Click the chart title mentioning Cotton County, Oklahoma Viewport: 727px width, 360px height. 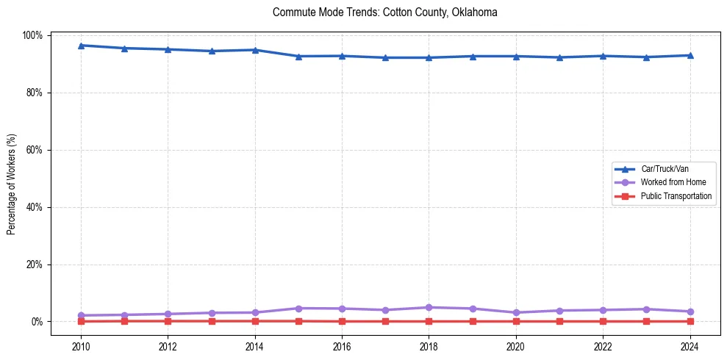coord(384,12)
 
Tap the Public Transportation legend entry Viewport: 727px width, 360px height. coord(676,196)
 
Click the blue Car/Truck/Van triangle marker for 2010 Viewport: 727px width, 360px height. coord(81,46)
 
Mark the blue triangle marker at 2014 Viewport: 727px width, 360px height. coord(255,50)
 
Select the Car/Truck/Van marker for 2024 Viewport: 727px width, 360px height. coord(690,55)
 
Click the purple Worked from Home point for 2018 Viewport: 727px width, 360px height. coord(429,307)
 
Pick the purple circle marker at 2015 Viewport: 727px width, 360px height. coord(298,308)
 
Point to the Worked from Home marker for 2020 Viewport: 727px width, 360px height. coord(516,312)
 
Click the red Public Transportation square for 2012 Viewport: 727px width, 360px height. coord(168,321)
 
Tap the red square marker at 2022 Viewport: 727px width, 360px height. coord(603,321)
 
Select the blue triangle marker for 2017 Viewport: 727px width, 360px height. coord(385,57)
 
